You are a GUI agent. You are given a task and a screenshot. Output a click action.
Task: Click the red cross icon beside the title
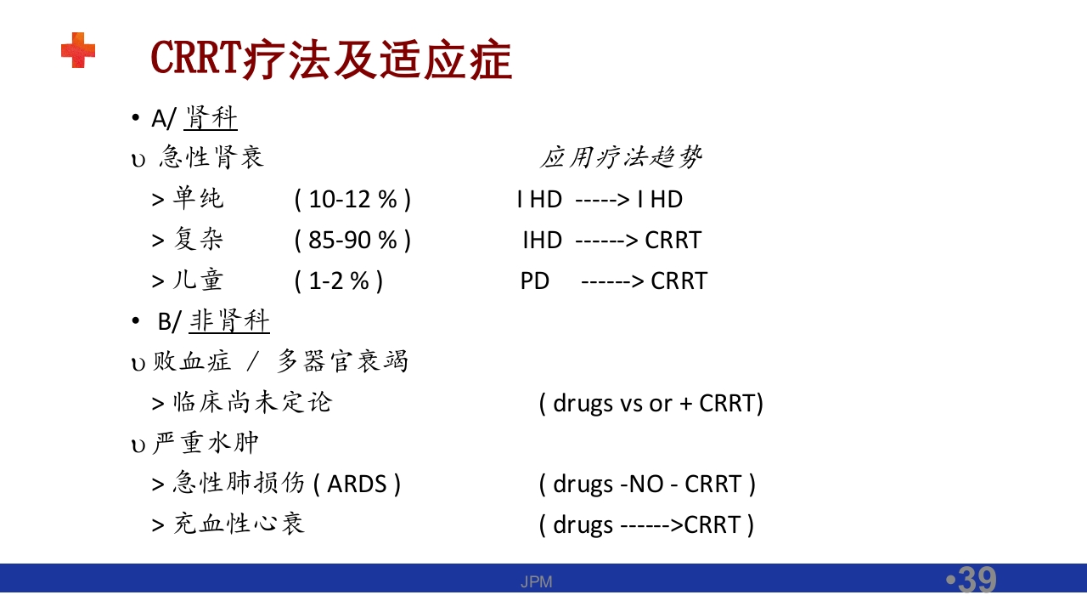[x=77, y=50]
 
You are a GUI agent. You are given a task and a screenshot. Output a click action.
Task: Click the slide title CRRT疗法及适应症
[x=331, y=59]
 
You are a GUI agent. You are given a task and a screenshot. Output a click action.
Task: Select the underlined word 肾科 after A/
[x=211, y=118]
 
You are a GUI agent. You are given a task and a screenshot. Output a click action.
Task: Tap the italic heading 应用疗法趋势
[x=621, y=157]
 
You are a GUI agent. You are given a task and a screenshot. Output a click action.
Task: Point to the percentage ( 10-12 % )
[x=352, y=199]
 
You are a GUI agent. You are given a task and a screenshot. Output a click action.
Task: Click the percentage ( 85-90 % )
[x=352, y=240]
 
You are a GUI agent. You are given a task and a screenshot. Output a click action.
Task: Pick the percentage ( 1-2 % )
[x=339, y=280]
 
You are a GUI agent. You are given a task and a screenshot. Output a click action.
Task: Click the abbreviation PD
[x=535, y=280]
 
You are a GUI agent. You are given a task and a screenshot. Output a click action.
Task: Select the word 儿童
[x=198, y=280]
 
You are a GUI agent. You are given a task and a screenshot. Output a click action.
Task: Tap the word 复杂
[x=198, y=240]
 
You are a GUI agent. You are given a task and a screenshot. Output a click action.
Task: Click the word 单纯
[x=198, y=199]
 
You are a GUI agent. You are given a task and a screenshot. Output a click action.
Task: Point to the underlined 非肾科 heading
[x=229, y=321]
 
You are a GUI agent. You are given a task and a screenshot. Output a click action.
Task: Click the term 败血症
[x=192, y=361]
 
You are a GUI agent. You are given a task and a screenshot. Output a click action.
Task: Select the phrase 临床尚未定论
[x=252, y=402]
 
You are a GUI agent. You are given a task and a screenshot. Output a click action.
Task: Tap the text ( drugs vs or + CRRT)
[x=651, y=402]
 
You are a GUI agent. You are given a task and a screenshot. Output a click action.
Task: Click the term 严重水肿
[x=206, y=443]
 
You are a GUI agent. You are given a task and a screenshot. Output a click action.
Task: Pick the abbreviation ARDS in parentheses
[x=357, y=484]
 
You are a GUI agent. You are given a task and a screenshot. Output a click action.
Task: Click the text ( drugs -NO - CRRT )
[x=647, y=484]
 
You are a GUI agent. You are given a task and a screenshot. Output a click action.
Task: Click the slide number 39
[x=975, y=580]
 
